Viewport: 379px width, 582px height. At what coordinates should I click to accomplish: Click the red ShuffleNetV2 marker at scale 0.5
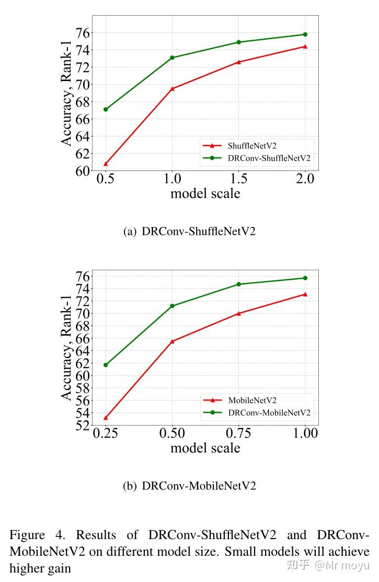click(x=106, y=164)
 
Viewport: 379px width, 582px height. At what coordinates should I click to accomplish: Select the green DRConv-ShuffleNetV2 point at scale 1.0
click(x=172, y=58)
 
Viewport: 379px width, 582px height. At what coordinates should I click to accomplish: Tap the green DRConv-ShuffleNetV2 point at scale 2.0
click(x=305, y=35)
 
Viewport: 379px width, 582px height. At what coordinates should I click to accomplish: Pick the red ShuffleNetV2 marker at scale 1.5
click(x=238, y=62)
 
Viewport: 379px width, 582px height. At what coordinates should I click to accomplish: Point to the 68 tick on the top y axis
click(x=83, y=101)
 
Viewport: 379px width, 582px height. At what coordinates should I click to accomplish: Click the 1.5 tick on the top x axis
click(x=238, y=179)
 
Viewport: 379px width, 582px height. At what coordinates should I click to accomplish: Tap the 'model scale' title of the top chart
click(x=205, y=193)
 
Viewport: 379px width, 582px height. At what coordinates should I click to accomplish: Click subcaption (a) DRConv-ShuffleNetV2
click(x=189, y=231)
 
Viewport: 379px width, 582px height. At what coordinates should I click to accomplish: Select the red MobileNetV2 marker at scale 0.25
click(x=106, y=417)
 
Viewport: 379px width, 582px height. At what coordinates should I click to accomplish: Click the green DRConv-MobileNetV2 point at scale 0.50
click(x=172, y=306)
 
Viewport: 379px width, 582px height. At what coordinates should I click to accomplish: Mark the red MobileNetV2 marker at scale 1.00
click(x=305, y=294)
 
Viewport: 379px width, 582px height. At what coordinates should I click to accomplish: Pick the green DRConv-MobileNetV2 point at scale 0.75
click(x=238, y=284)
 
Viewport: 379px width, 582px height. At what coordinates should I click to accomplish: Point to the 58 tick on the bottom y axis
click(x=83, y=388)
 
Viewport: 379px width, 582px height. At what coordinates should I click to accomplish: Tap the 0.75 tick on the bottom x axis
click(x=238, y=433)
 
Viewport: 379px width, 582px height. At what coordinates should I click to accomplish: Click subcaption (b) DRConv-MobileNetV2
click(x=189, y=486)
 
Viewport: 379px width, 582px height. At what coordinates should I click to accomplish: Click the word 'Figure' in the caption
click(x=27, y=535)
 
